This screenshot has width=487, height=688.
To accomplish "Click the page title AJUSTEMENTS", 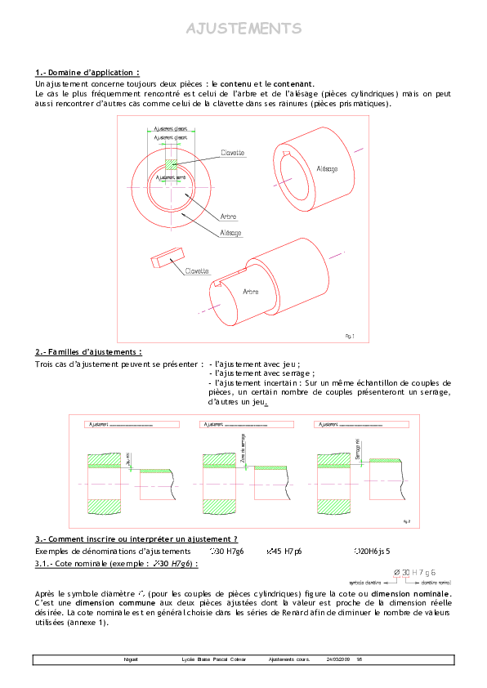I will [x=243, y=29].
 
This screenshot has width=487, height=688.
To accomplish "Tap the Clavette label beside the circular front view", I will [x=233, y=153].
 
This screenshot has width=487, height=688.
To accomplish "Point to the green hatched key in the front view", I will [x=171, y=164].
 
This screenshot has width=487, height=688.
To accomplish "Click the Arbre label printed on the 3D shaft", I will [x=251, y=291].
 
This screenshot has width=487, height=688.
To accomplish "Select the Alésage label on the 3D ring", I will [x=327, y=168].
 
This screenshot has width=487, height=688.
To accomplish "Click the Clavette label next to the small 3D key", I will [x=197, y=270].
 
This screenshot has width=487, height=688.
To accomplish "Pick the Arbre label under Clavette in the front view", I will [x=229, y=217].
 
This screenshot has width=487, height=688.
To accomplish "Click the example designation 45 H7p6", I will [x=281, y=552].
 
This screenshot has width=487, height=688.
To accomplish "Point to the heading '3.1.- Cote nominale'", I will [x=116, y=564].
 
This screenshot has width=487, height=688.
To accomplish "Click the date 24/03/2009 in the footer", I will [x=337, y=659].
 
